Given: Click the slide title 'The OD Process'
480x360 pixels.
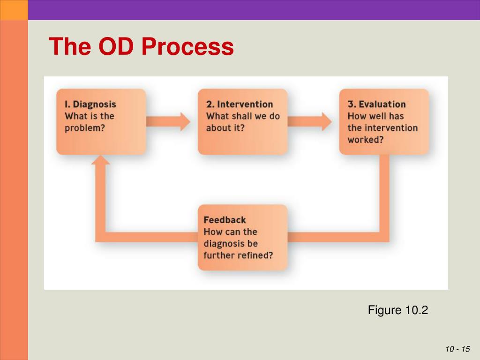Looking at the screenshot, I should tap(141, 47).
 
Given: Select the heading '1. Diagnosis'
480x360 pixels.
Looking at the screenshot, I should tap(90, 104).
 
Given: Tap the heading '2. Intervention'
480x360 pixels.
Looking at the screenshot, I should tap(239, 104).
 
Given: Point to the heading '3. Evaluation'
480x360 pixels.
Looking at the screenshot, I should tap(376, 104).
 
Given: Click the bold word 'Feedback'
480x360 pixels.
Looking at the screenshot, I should tap(225, 220).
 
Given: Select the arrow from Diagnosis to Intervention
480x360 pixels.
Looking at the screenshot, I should tap(169, 121).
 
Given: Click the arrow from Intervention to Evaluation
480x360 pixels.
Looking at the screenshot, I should tap(310, 121).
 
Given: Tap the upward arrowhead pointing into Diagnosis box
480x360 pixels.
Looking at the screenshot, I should tap(100, 160).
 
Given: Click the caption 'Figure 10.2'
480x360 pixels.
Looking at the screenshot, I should tap(398, 310).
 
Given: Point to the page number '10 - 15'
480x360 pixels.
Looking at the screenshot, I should tap(457, 349).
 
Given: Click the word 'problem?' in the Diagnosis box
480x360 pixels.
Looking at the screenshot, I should tap(85, 128).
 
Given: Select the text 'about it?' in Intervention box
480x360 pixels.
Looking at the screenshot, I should tap(225, 128).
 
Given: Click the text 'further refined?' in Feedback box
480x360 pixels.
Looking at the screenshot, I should tap(238, 255).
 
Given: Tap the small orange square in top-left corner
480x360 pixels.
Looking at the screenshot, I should tap(14, 10).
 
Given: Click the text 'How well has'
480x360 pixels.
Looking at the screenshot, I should tap(375, 116).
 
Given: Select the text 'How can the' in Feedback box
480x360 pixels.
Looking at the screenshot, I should tap(230, 232).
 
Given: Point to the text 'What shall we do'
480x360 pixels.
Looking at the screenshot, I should tap(243, 116).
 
